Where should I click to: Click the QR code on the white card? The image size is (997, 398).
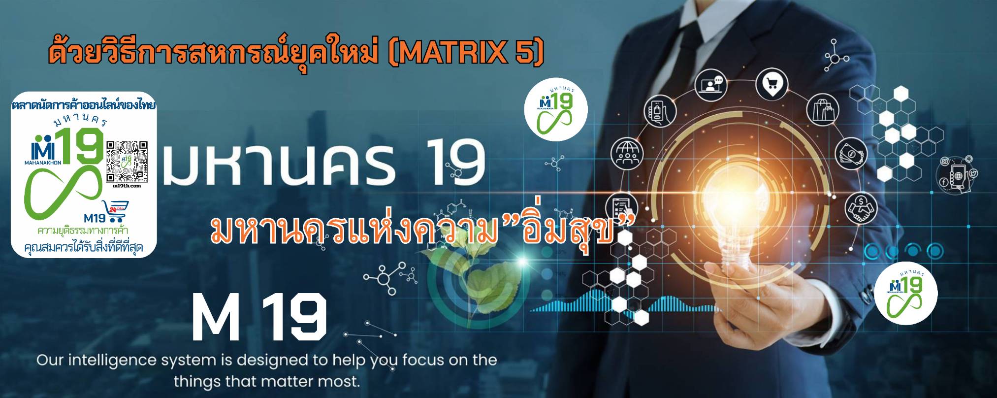(x=127, y=161)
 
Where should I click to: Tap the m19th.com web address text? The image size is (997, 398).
(x=127, y=186)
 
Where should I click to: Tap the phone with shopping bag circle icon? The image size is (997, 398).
(x=660, y=112)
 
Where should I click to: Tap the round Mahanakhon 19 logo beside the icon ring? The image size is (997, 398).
(x=555, y=109)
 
